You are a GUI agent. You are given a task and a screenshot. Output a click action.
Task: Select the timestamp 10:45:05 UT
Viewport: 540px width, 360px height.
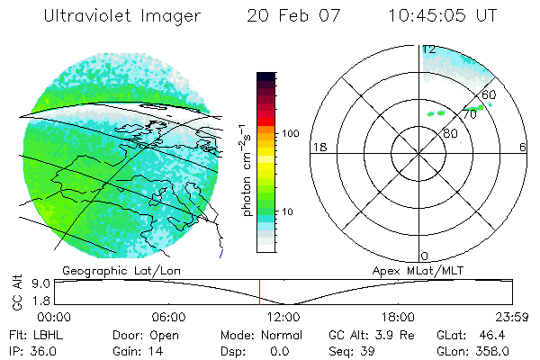point(444,15)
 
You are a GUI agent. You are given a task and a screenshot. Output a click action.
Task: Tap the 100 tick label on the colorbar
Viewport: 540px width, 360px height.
point(289,133)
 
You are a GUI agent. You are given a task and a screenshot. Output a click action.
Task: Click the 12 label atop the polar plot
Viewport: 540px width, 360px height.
point(429,49)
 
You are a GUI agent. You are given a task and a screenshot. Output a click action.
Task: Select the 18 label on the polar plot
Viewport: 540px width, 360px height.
point(318,147)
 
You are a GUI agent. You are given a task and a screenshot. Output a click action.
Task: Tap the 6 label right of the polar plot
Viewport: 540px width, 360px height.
point(524,147)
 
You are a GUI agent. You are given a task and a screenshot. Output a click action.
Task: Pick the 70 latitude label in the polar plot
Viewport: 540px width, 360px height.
point(469,114)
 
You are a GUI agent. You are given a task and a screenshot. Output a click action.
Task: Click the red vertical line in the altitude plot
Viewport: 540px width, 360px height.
point(259,292)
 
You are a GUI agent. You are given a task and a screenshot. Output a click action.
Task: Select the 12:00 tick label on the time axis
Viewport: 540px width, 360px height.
point(283,317)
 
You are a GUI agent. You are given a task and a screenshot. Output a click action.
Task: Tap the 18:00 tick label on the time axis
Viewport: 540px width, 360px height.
point(398,317)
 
